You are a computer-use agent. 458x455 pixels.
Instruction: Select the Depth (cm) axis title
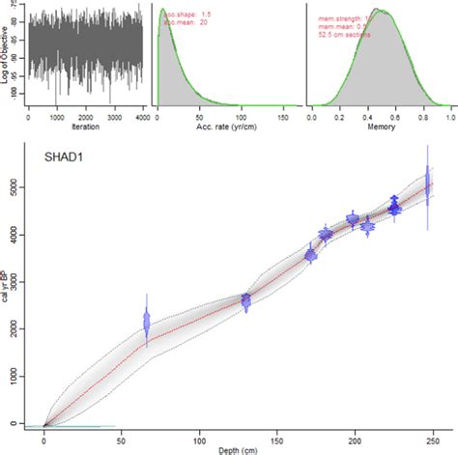240,447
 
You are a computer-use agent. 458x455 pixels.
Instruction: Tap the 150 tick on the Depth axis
277,436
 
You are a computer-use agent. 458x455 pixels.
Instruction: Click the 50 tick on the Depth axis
122,436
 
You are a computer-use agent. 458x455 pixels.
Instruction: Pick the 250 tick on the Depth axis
433,436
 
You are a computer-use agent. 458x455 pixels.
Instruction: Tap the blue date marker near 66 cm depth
147,323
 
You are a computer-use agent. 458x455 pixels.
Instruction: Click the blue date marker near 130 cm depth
245,302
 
